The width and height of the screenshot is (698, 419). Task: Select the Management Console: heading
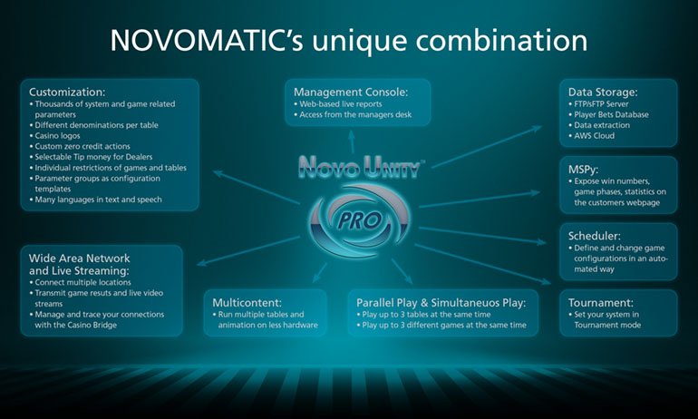(349, 92)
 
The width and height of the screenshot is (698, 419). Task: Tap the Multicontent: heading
(251, 302)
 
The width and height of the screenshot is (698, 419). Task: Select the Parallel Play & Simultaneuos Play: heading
(447, 302)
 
